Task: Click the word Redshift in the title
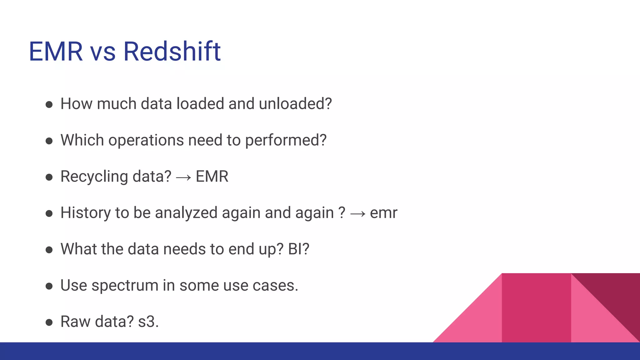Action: pos(172,52)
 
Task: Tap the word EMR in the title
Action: pos(56,52)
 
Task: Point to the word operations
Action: pos(146,141)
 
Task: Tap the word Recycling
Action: pos(94,177)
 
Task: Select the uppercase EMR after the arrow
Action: pos(212,177)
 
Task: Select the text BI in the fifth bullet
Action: pos(295,249)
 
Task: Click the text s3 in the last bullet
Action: pos(147,322)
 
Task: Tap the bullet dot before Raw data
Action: pos(49,322)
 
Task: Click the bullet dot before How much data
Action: pos(49,104)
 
